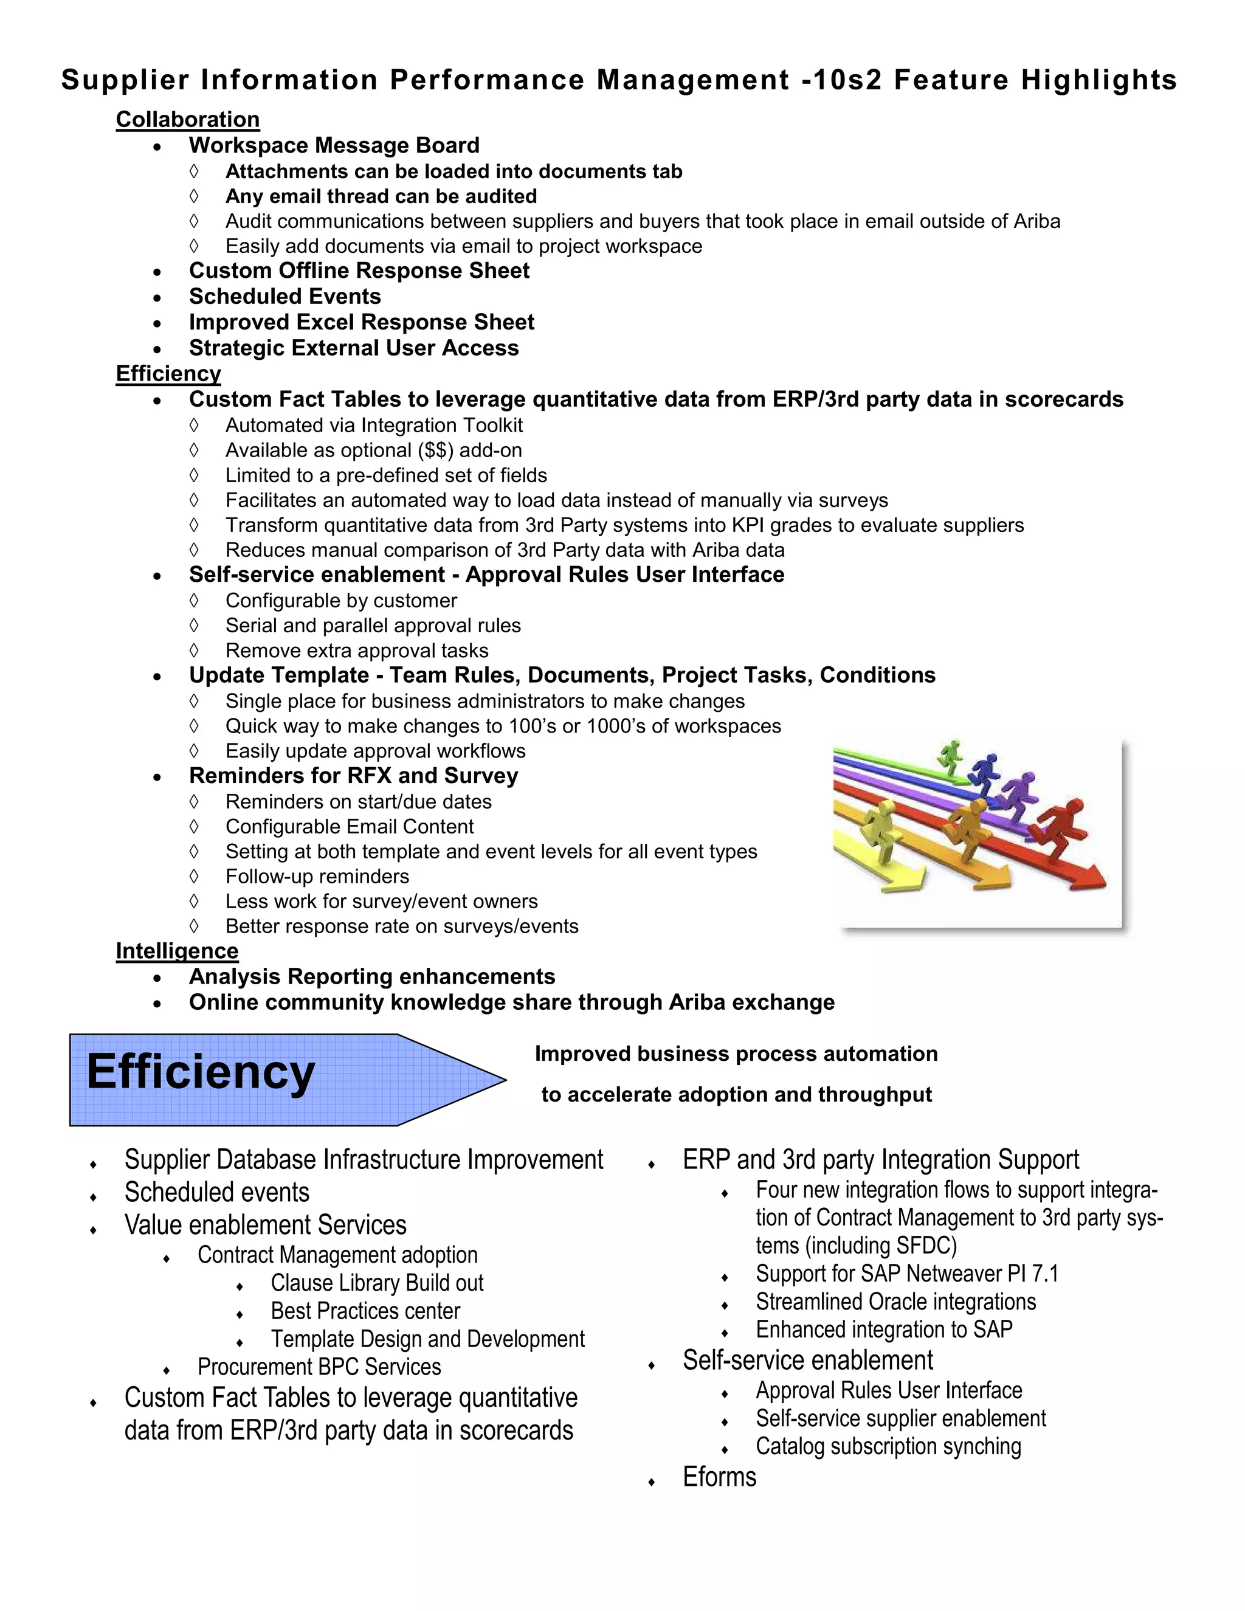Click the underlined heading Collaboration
[x=187, y=120]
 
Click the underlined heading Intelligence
[x=177, y=951]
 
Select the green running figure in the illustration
[x=951, y=757]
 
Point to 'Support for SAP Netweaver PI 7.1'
[x=906, y=1273]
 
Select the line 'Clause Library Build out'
[x=377, y=1283]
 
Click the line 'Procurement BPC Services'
[x=319, y=1367]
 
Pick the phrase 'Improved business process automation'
[x=736, y=1054]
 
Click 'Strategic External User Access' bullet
[x=353, y=348]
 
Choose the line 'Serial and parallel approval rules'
[x=373, y=626]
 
